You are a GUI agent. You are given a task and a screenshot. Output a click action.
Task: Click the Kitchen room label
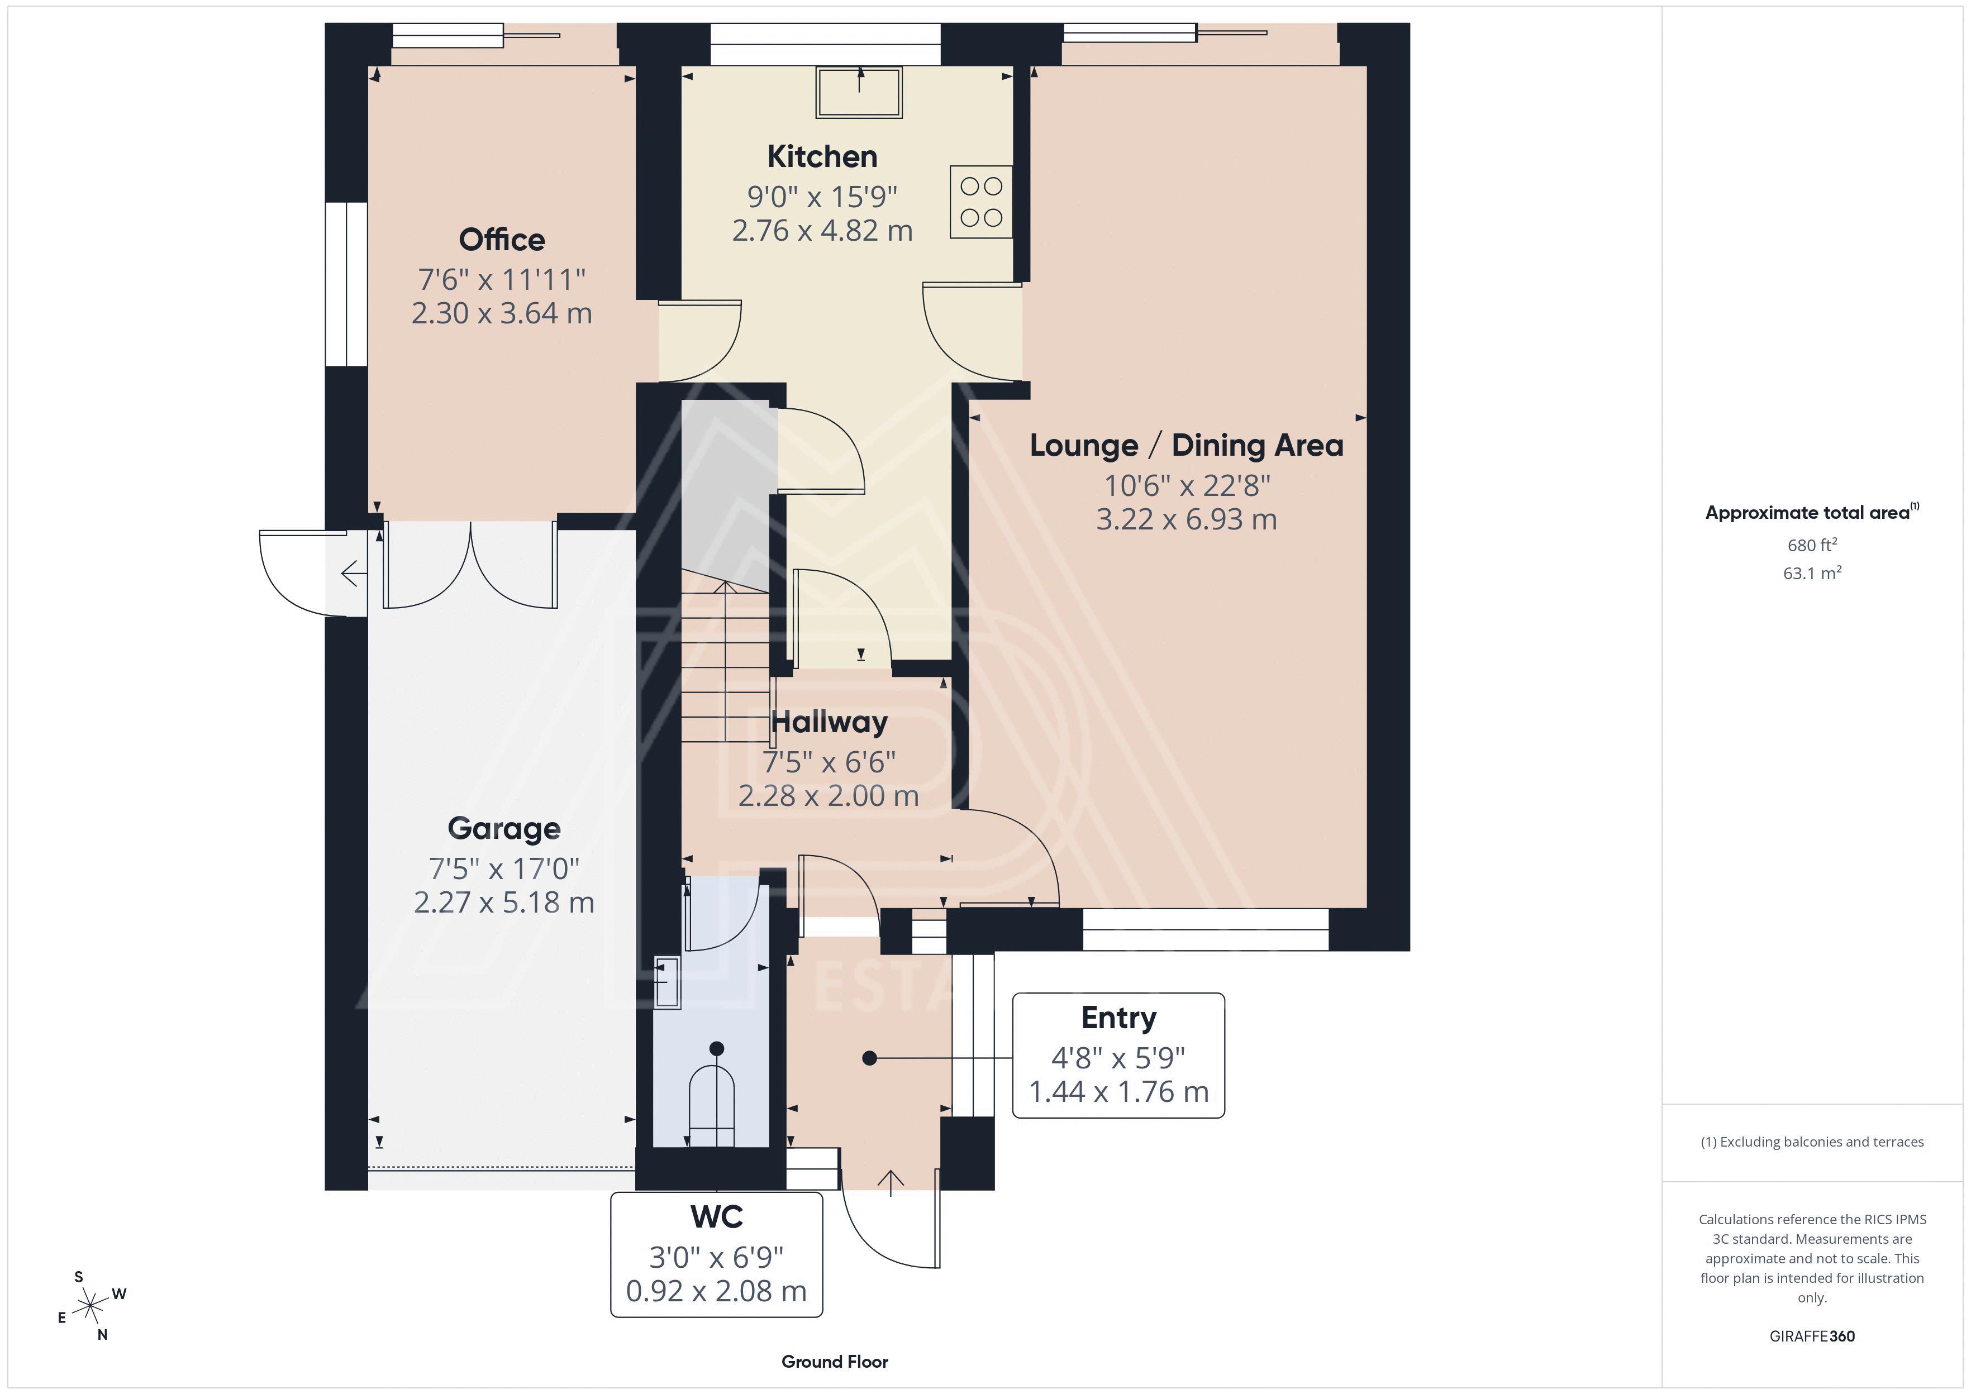pyautogui.click(x=822, y=156)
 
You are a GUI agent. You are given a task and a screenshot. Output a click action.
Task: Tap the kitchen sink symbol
pyautogui.click(x=859, y=92)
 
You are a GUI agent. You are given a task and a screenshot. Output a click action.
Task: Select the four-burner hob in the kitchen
pyautogui.click(x=981, y=202)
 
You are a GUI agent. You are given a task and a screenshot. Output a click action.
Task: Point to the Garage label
pyautogui.click(x=504, y=828)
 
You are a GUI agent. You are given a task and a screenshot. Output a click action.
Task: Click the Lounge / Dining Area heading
pyautogui.click(x=1187, y=446)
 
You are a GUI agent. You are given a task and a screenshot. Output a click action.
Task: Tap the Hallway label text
pyautogui.click(x=829, y=723)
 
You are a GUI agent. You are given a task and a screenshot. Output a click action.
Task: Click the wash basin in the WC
pyautogui.click(x=667, y=982)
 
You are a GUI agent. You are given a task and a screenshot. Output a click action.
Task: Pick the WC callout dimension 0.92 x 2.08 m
pyautogui.click(x=716, y=1291)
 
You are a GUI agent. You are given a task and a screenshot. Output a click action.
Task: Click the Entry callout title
pyautogui.click(x=1118, y=1018)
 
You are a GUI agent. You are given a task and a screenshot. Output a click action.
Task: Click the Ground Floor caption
pyautogui.click(x=835, y=1362)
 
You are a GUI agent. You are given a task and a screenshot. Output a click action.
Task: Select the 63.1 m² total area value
pyautogui.click(x=1812, y=572)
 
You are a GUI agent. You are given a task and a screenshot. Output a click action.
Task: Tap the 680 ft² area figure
pyautogui.click(x=1812, y=545)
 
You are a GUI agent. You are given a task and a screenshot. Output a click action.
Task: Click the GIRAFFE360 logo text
pyautogui.click(x=1812, y=1336)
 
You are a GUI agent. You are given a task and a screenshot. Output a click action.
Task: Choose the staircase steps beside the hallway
pyautogui.click(x=725, y=661)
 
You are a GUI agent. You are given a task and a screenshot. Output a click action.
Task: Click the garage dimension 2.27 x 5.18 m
pyautogui.click(x=504, y=902)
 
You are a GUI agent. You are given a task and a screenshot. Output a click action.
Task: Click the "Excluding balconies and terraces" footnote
pyautogui.click(x=1812, y=1142)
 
